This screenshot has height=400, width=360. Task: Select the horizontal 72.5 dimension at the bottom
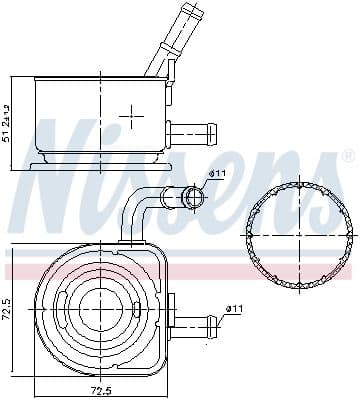[x=100, y=388]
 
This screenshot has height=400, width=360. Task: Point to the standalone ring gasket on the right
[x=298, y=229]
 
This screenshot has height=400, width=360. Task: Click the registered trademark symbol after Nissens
[x=347, y=157]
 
